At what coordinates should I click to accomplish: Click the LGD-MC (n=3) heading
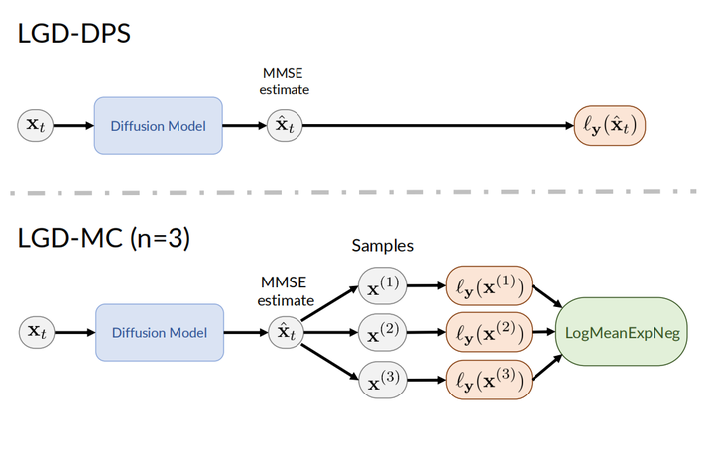(105, 239)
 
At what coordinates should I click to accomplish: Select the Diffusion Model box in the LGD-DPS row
(158, 125)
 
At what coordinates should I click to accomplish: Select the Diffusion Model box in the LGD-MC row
(159, 332)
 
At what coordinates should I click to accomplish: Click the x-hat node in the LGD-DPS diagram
(285, 125)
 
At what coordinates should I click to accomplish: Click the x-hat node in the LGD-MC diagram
(285, 332)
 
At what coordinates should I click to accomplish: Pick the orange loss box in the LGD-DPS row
(609, 126)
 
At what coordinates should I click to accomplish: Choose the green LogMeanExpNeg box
(622, 333)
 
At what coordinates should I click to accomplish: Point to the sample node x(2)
(382, 333)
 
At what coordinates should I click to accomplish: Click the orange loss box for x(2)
(490, 333)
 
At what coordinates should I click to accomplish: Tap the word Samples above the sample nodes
(382, 245)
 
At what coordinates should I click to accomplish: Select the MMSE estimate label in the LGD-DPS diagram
(285, 81)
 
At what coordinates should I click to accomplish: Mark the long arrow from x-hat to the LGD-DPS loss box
(436, 126)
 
